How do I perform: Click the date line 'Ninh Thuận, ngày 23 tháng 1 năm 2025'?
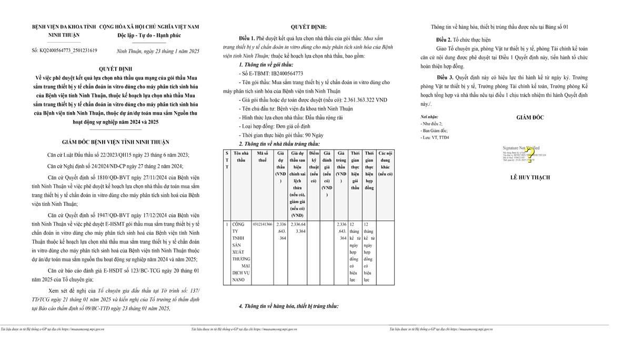tap(158, 51)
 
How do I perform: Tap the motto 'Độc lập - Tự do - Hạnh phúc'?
tap(149, 35)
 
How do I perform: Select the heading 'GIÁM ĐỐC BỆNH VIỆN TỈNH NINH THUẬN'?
tap(115, 142)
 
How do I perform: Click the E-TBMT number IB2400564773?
tap(284, 73)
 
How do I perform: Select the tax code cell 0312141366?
tap(262, 224)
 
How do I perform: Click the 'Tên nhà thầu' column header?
tap(241, 156)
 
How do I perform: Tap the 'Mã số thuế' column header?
tap(262, 156)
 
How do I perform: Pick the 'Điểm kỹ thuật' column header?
tap(314, 166)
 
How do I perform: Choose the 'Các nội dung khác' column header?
tap(385, 163)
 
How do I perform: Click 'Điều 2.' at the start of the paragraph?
tap(444, 39)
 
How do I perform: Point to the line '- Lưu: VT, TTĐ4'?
tap(435, 137)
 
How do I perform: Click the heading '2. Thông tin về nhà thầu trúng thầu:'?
tap(279, 144)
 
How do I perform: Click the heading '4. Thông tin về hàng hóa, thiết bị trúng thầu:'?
tap(288, 306)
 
